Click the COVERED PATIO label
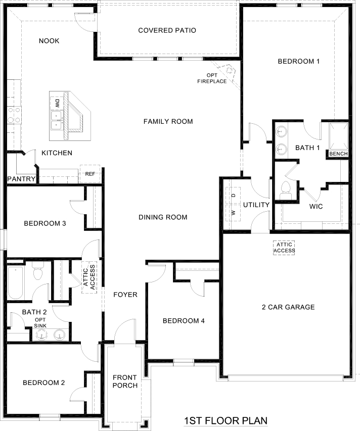(167, 30)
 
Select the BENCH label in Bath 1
(338, 153)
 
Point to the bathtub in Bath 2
(15, 283)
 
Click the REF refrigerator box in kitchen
(90, 174)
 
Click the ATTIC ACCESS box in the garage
(284, 247)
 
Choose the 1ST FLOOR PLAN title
(225, 420)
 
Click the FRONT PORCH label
(125, 381)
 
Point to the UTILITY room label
(256, 205)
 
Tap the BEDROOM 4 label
(183, 321)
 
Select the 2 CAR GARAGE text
(288, 307)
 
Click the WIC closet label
(316, 207)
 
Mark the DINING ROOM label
(163, 217)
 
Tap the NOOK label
(49, 41)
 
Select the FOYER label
(125, 294)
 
